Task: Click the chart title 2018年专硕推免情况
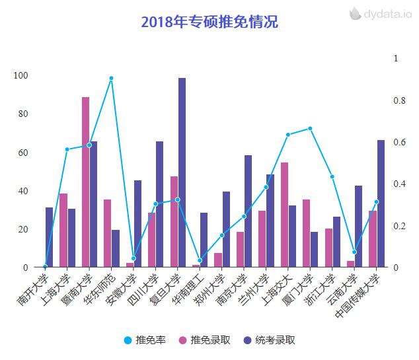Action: (x=209, y=22)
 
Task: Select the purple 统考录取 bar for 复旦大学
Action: (x=182, y=172)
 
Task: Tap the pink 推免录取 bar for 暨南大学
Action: (x=85, y=182)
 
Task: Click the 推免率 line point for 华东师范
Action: (x=111, y=79)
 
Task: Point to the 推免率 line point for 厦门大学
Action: (x=310, y=128)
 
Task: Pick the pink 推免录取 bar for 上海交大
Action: (x=284, y=215)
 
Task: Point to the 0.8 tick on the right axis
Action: (x=399, y=100)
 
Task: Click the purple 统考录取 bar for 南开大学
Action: (x=50, y=237)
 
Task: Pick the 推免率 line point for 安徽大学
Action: (x=133, y=258)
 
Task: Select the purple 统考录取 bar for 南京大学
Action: (x=248, y=211)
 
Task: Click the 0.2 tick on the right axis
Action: (x=399, y=226)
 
